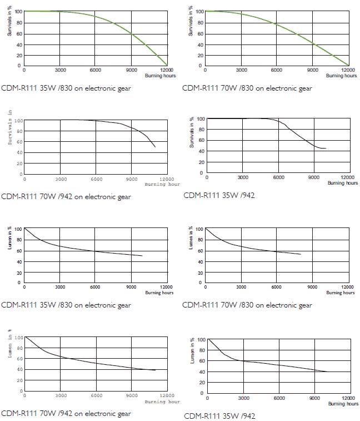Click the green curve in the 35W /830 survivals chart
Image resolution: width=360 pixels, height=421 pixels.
coord(111,22)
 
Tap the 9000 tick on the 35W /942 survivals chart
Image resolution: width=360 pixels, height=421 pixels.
coord(314,177)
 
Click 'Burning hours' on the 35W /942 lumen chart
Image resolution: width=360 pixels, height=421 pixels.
coord(343,404)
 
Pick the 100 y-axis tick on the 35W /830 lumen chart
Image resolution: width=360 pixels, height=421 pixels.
coord(18,229)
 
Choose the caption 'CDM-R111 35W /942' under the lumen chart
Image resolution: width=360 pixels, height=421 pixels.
coord(219,415)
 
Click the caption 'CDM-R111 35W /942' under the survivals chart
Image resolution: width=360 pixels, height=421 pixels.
coord(219,195)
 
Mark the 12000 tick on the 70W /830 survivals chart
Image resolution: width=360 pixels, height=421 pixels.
coord(348,70)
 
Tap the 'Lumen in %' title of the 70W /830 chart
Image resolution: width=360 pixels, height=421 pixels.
coord(192,237)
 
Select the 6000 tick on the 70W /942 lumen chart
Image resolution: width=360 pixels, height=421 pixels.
coord(97,396)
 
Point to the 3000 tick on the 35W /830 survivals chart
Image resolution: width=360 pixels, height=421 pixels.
coord(60,70)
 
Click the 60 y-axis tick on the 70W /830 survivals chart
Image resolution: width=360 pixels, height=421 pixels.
coord(200,33)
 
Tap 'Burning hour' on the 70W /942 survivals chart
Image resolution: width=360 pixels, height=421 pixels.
coord(162,184)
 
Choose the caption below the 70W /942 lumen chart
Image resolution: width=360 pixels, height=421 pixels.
coord(66,413)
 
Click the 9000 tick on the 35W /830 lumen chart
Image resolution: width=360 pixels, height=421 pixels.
coord(132,288)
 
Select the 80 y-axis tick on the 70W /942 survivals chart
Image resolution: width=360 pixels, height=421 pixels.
coord(18,131)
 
